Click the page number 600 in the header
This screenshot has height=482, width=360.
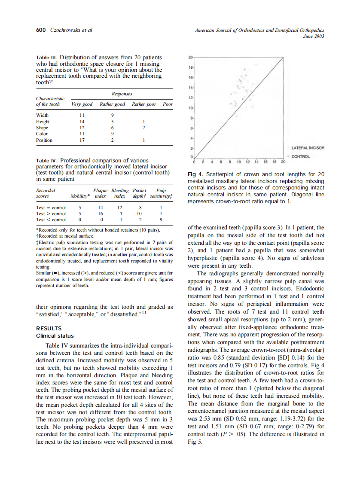pos(41,30)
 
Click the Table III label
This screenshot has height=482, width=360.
pos(46,58)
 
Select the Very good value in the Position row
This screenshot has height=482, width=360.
pos(82,140)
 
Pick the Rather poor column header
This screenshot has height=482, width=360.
pos(144,104)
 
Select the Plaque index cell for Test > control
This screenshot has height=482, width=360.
pos(101,214)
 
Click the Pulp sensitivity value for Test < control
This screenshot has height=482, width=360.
pos(161,220)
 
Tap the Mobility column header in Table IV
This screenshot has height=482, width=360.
pos(80,196)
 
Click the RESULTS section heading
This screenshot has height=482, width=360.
pos(49,329)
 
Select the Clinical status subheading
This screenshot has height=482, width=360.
pos(55,336)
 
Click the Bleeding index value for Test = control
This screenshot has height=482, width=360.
pos(120,207)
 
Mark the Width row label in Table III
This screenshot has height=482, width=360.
pos(42,115)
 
